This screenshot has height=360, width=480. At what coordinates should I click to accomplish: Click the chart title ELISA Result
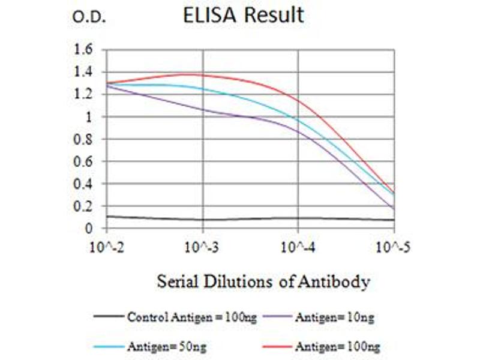[x=243, y=16]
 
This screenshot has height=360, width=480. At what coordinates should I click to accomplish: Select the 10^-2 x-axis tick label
[x=107, y=246]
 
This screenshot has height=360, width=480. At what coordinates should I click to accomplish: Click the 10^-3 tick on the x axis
[x=203, y=246]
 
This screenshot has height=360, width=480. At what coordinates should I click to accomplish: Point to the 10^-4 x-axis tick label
[x=298, y=246]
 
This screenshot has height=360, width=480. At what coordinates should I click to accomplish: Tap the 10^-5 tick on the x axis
[x=393, y=246]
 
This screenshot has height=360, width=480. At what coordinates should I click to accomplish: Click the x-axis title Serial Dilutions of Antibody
[x=263, y=281]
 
